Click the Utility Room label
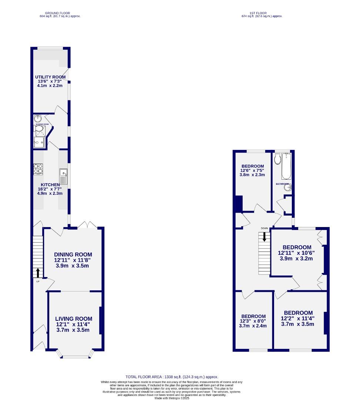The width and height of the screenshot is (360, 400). coord(50,77)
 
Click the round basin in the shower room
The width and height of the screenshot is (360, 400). coord(38,119)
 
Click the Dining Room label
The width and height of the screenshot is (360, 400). coord(73,254)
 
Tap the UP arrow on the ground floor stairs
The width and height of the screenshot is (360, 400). coord(38,273)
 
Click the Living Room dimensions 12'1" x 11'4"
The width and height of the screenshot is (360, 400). coord(73,324)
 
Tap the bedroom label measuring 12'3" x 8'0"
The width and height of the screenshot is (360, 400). coord(253,321)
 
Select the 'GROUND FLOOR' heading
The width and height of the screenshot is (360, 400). coord(60,13)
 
